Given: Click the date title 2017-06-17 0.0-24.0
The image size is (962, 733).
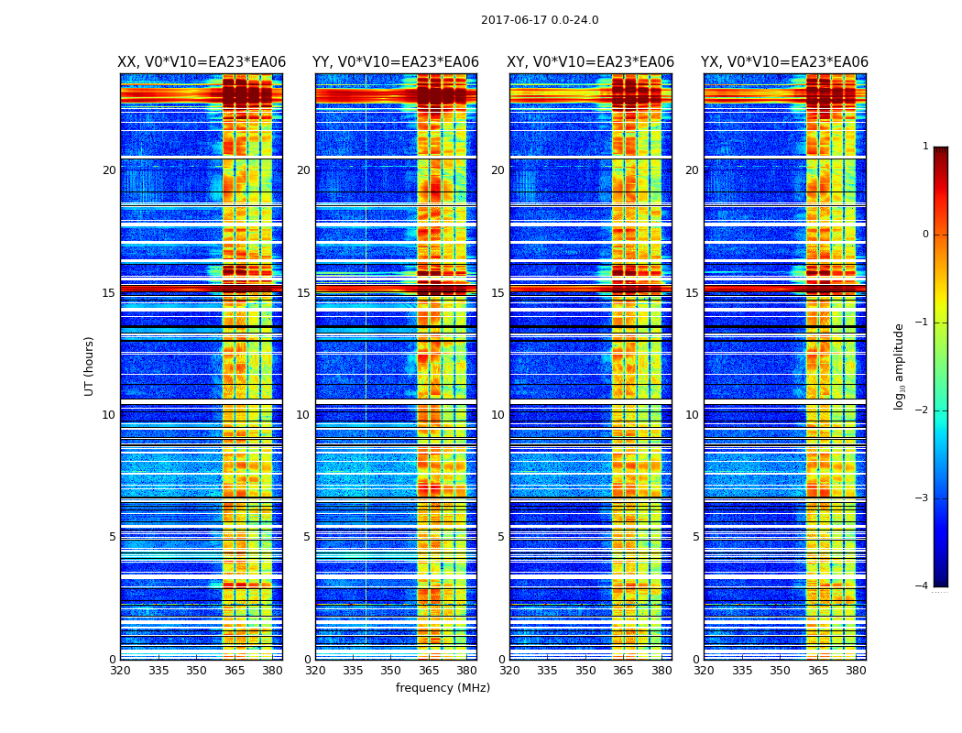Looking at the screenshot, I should point(540,20).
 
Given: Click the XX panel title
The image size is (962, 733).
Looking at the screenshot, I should point(202,62).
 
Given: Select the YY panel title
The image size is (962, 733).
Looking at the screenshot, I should point(396,62).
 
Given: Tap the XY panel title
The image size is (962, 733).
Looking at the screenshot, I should point(591,62).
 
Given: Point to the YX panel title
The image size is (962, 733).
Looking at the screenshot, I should point(784,62).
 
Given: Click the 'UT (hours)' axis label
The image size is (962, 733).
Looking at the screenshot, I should point(90,366).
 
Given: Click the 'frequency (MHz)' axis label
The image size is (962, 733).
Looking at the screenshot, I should point(443,688).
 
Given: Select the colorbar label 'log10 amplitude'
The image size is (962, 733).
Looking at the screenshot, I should point(900,366).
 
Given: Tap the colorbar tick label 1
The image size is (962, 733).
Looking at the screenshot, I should point(925,147).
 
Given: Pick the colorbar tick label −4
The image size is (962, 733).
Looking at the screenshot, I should point(923,586).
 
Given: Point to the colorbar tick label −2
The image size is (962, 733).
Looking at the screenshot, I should point(923,410).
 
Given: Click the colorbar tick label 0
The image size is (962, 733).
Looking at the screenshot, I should point(925,235).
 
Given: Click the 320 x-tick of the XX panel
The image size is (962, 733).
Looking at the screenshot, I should point(120,671).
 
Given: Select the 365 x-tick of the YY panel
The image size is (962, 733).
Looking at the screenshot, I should point(429,671).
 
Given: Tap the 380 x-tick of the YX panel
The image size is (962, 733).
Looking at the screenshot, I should point(856,671).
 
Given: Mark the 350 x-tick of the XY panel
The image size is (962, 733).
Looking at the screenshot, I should point(585,671).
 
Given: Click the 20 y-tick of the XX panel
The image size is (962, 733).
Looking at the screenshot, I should point(109,170).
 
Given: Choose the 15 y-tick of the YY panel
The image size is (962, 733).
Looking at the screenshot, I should point(303,293).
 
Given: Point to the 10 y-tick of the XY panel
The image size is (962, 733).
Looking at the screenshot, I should point(497,415).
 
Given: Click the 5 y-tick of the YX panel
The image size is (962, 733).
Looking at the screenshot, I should point(695,537).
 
